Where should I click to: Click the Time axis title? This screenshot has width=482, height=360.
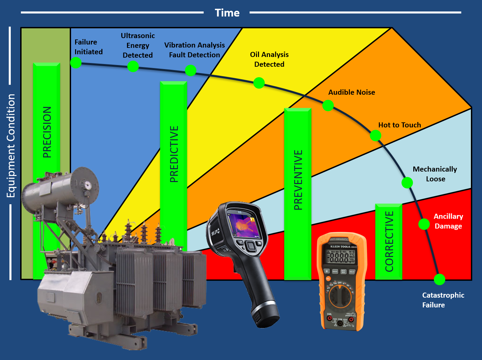[x=227, y=13]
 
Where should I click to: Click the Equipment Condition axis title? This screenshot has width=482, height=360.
[x=11, y=146]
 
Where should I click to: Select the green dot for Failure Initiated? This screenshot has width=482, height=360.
[x=76, y=63]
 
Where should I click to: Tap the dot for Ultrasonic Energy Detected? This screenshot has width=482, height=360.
[x=133, y=66]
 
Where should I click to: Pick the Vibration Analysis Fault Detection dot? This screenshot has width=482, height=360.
[x=191, y=70]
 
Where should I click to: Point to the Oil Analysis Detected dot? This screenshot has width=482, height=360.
[x=259, y=83]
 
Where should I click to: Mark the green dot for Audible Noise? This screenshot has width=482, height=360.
[x=328, y=106]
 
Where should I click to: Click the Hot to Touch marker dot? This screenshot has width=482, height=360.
[x=376, y=136]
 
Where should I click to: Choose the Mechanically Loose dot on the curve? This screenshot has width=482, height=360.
[x=407, y=183]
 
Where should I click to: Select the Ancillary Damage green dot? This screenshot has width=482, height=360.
[x=424, y=224]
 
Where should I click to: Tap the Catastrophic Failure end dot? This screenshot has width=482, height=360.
[x=440, y=280]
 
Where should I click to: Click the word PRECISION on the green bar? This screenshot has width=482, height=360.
[x=47, y=132]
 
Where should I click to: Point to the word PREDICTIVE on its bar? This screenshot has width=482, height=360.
[x=174, y=154]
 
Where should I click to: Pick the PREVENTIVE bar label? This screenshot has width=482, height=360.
[x=298, y=180]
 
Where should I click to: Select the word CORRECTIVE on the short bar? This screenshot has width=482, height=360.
[x=389, y=241]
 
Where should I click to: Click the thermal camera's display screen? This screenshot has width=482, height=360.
[x=243, y=226]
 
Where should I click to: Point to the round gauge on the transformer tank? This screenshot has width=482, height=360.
[x=88, y=185]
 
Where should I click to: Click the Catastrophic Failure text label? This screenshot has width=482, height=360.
[x=443, y=300]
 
